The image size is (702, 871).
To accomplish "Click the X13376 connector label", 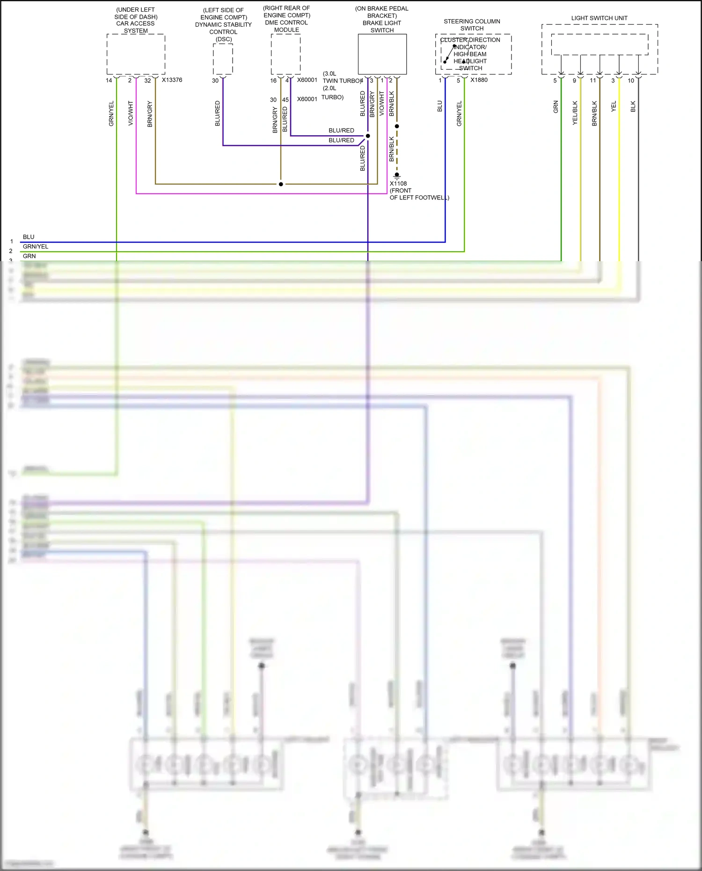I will (172, 80).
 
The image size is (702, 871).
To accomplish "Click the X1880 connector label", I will (479, 80).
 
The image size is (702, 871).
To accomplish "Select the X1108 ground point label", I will (398, 183).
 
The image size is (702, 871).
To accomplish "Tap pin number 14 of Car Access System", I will (109, 81).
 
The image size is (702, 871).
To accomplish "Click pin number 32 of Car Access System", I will (147, 81).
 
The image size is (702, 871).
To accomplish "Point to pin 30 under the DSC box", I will (215, 81).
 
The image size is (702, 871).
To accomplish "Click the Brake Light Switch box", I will (382, 54).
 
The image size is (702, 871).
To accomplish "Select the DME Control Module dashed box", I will (285, 54).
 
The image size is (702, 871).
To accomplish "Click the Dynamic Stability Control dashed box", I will (223, 59).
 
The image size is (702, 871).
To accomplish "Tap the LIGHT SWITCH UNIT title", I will (599, 18).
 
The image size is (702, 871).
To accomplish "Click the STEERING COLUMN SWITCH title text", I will (472, 25).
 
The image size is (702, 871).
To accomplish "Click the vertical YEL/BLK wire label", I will (575, 113).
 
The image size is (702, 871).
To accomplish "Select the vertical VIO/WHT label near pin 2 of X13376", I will (131, 113).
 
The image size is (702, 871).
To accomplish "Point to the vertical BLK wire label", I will (633, 107).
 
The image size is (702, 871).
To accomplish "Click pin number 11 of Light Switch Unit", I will (593, 81).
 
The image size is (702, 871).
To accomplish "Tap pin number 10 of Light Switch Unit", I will (631, 81).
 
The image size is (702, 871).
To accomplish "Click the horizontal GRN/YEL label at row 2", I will (36, 247).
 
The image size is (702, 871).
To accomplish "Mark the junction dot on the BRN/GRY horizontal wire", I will (281, 184).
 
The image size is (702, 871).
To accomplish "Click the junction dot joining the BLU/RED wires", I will (368, 136).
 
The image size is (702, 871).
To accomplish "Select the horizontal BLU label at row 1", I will (29, 237).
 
